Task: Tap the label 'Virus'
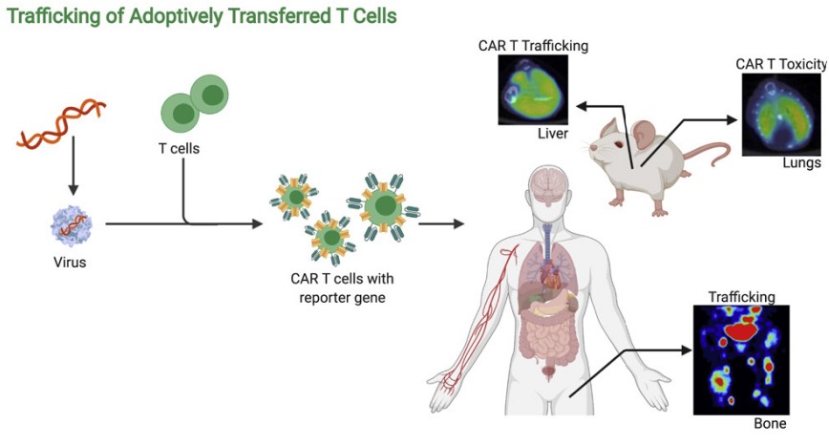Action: [x=70, y=262]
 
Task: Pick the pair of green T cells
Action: [x=194, y=104]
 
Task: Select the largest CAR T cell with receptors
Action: [x=384, y=205]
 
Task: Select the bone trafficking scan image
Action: [x=741, y=359]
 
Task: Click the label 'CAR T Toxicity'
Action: [x=780, y=64]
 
